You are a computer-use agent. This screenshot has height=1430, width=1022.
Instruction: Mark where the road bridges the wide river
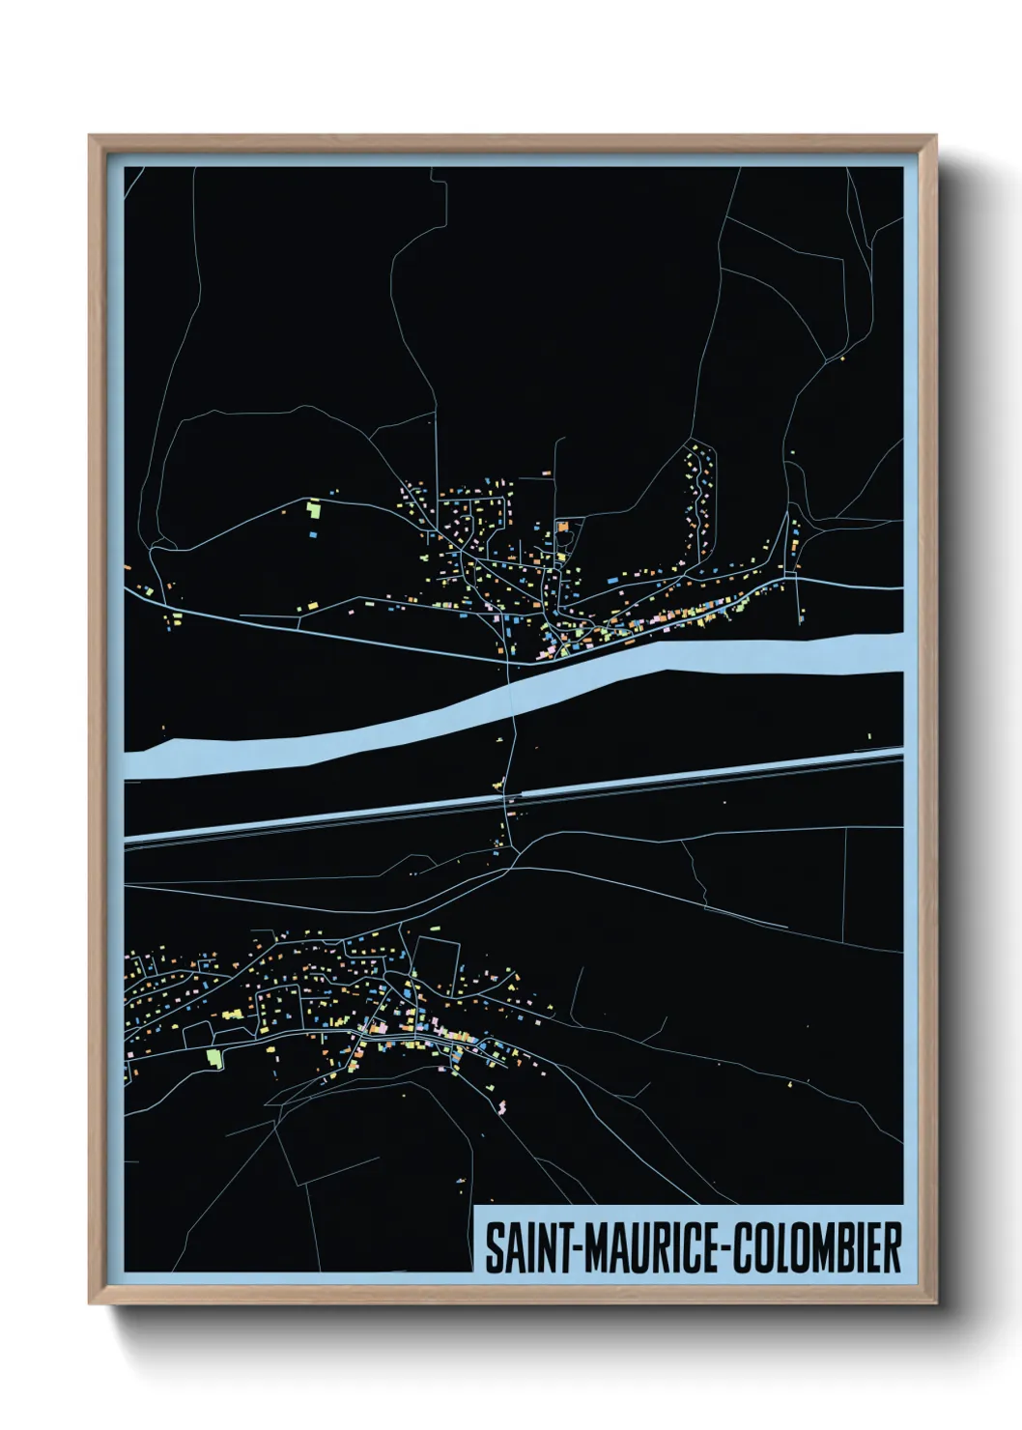(x=511, y=692)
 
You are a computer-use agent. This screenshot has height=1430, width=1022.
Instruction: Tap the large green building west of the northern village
(x=313, y=506)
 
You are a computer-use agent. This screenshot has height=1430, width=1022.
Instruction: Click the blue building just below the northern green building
(x=314, y=531)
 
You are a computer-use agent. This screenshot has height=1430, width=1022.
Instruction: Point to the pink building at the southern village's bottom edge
(x=501, y=1104)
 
